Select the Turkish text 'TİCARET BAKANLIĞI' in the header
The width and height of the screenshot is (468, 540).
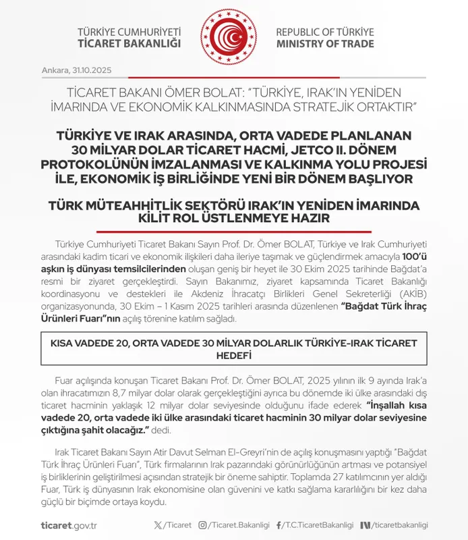(x=129, y=45)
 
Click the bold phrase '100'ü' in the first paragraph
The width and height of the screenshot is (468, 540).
(x=413, y=257)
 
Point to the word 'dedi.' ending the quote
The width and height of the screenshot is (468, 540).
(x=160, y=430)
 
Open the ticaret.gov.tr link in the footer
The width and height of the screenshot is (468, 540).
(x=69, y=525)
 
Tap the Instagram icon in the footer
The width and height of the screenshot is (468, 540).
(x=203, y=525)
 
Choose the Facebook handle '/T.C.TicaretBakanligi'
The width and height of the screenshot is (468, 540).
(x=320, y=525)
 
